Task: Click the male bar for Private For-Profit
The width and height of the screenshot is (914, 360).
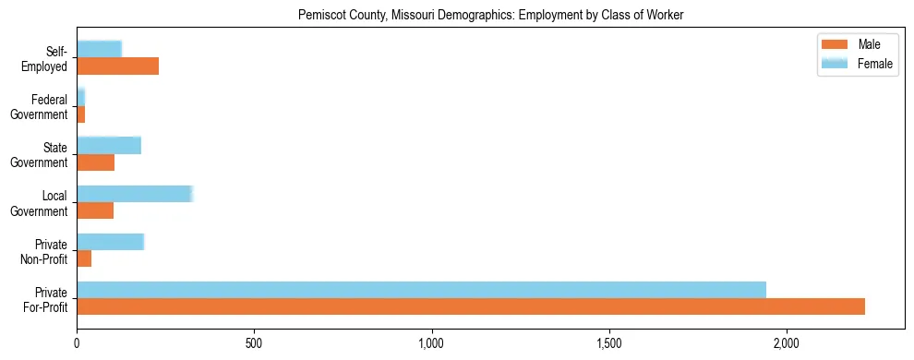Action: click(x=471, y=307)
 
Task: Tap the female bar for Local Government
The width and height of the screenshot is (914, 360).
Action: click(x=134, y=194)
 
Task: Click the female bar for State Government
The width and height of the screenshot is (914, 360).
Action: click(x=109, y=146)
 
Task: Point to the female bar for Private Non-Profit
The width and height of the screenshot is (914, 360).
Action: click(x=110, y=242)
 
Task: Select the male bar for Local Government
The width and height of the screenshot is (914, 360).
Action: click(x=95, y=210)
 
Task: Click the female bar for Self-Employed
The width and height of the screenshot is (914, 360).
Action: click(x=99, y=49)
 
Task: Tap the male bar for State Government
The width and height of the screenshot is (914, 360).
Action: click(x=95, y=162)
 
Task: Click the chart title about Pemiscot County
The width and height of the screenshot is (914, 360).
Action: click(x=490, y=16)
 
